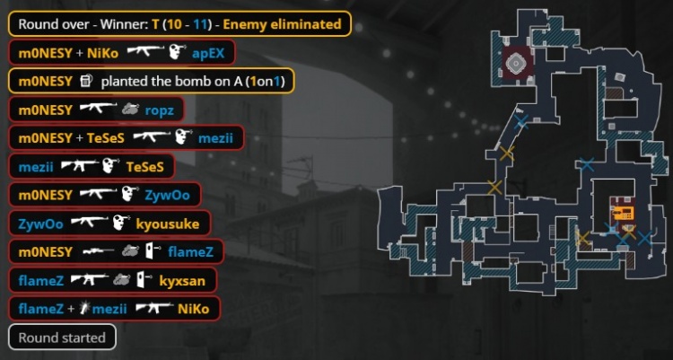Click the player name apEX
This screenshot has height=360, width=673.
[x=208, y=52]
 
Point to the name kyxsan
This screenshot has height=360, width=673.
[x=182, y=280]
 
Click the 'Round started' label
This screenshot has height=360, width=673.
[x=62, y=338]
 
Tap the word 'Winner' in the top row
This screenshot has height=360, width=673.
[x=120, y=23]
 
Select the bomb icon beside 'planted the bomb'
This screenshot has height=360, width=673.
[x=85, y=81]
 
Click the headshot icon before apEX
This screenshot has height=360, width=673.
[x=178, y=52]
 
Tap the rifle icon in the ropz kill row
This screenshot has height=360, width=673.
[x=98, y=110]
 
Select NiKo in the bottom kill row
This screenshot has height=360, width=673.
[x=193, y=309]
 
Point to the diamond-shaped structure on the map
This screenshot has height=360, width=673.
[x=517, y=62]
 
